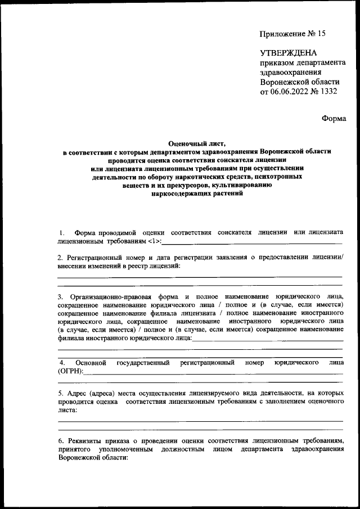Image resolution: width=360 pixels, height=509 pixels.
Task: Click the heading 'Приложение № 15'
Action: (292, 33)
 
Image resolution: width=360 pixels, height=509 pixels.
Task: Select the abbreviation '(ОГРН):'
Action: (70, 371)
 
